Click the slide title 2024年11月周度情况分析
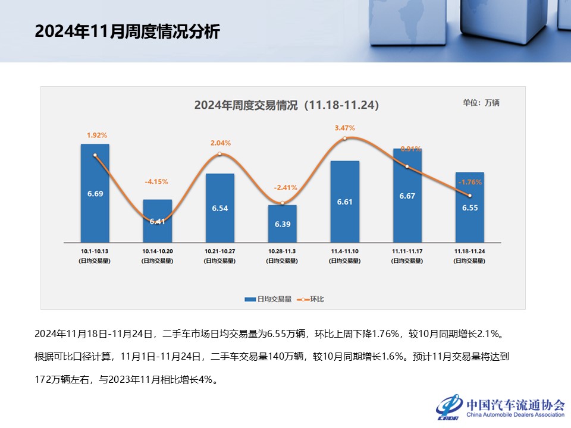tap(127, 32)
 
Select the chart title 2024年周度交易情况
tap(286, 105)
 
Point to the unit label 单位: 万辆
tap(481, 103)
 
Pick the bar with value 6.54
tap(219, 208)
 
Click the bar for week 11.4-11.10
tap(344, 202)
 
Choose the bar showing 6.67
tap(407, 196)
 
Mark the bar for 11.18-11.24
tap(469, 207)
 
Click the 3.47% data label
tap(344, 128)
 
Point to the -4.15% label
tap(157, 181)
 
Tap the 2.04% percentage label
tap(220, 143)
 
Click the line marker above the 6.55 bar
tap(470, 196)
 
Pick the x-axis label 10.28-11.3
tap(282, 252)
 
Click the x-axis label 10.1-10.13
tap(95, 252)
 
